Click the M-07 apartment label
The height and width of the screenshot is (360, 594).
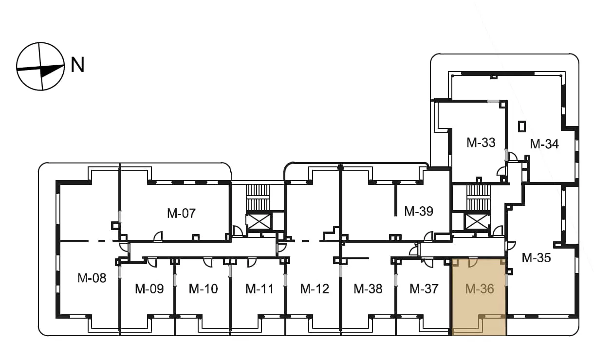182,213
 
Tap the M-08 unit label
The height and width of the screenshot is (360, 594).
92,278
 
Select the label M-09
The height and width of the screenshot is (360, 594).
149,289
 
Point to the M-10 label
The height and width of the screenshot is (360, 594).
204,289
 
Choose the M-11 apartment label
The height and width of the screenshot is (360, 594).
260,289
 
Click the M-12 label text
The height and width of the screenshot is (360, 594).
315,289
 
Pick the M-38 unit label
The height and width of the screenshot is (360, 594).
368,289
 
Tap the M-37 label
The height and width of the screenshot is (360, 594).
424,289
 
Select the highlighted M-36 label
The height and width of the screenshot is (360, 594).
480,289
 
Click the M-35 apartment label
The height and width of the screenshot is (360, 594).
536,258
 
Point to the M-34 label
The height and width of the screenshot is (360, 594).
544,144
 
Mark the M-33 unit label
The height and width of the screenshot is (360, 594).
481,143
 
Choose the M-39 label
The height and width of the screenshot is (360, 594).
419,212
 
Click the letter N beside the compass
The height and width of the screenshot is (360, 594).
77,65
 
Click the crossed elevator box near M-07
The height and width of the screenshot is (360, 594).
259,221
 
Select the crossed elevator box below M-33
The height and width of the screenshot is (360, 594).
477,221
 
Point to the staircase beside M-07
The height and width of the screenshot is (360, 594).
258,198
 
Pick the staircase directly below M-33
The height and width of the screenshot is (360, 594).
479,198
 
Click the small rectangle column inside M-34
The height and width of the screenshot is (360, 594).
522,126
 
